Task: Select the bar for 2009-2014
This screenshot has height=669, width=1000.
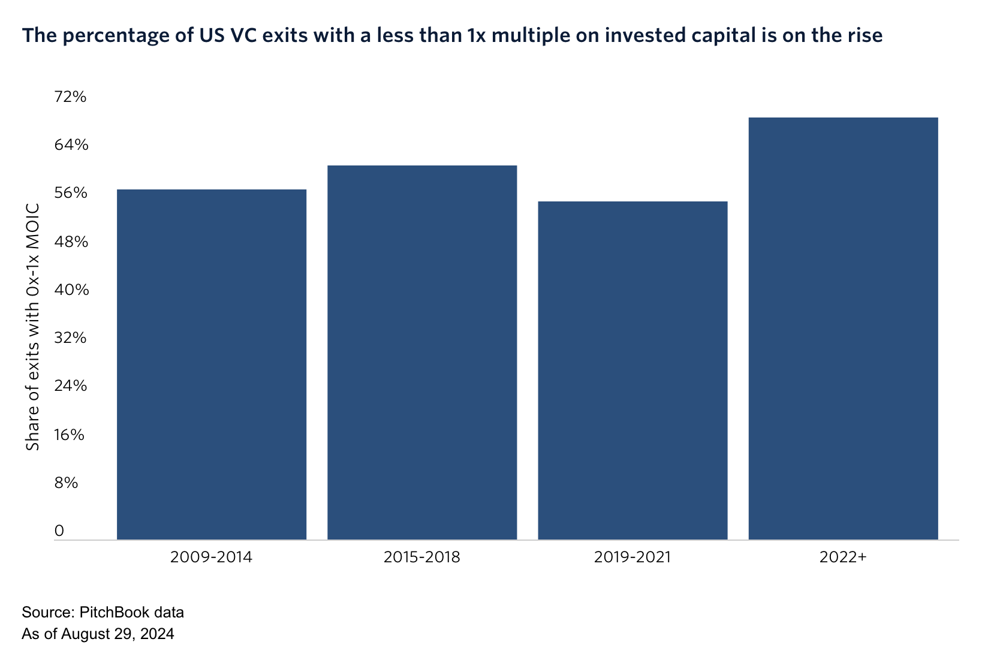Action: (212, 364)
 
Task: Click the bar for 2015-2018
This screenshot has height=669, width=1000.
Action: (422, 352)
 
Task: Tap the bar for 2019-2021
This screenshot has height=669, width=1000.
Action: (632, 370)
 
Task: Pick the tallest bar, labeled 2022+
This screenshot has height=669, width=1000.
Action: (843, 329)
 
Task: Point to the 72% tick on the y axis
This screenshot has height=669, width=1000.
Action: (71, 97)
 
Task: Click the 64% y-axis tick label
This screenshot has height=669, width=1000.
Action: (71, 145)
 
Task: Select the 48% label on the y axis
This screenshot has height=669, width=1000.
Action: (71, 242)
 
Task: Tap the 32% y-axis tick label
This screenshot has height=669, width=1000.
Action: (71, 338)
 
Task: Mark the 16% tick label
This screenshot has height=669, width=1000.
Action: (70, 435)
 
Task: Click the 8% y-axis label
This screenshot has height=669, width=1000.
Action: (67, 483)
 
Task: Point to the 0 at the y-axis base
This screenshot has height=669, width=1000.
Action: (59, 531)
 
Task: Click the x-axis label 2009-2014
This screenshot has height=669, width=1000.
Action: (212, 557)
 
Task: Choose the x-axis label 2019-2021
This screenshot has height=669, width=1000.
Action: (632, 557)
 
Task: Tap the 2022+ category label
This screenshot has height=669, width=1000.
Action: (843, 557)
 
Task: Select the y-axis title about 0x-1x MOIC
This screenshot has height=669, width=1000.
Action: (33, 327)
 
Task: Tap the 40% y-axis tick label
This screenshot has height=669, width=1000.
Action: (71, 290)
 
